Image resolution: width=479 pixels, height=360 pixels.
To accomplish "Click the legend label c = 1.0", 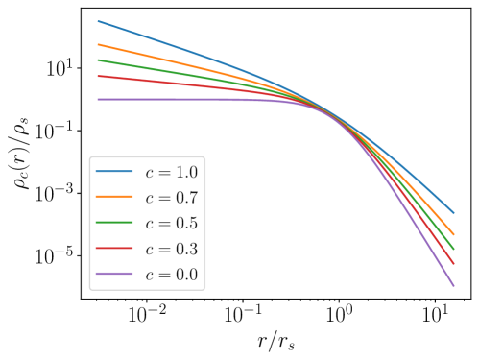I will (171, 173).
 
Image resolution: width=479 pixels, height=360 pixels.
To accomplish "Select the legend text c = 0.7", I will (171, 199).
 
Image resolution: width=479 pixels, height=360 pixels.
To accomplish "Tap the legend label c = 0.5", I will (171, 224).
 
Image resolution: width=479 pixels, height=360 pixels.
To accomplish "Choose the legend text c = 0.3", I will (171, 250).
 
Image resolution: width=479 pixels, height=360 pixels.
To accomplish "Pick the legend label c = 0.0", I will (171, 276).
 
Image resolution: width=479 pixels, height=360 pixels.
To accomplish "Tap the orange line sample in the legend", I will (114, 198).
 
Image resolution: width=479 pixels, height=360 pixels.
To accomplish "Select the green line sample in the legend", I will (114, 224).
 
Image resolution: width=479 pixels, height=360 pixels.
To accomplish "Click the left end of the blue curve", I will (98, 21).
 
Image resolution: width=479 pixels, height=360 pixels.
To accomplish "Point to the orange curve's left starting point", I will (98, 44).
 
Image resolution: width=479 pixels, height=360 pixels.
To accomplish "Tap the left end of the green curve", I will (98, 60).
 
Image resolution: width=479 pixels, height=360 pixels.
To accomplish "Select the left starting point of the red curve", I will (98, 76).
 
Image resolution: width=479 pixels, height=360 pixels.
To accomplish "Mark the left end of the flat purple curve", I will (98, 99).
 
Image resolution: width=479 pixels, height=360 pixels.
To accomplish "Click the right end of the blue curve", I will (453, 213).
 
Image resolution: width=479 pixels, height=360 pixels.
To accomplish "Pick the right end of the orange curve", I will (453, 233).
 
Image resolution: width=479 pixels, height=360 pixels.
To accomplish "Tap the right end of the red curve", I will (453, 262).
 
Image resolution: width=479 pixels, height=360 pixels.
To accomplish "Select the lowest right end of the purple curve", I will (453, 285).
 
